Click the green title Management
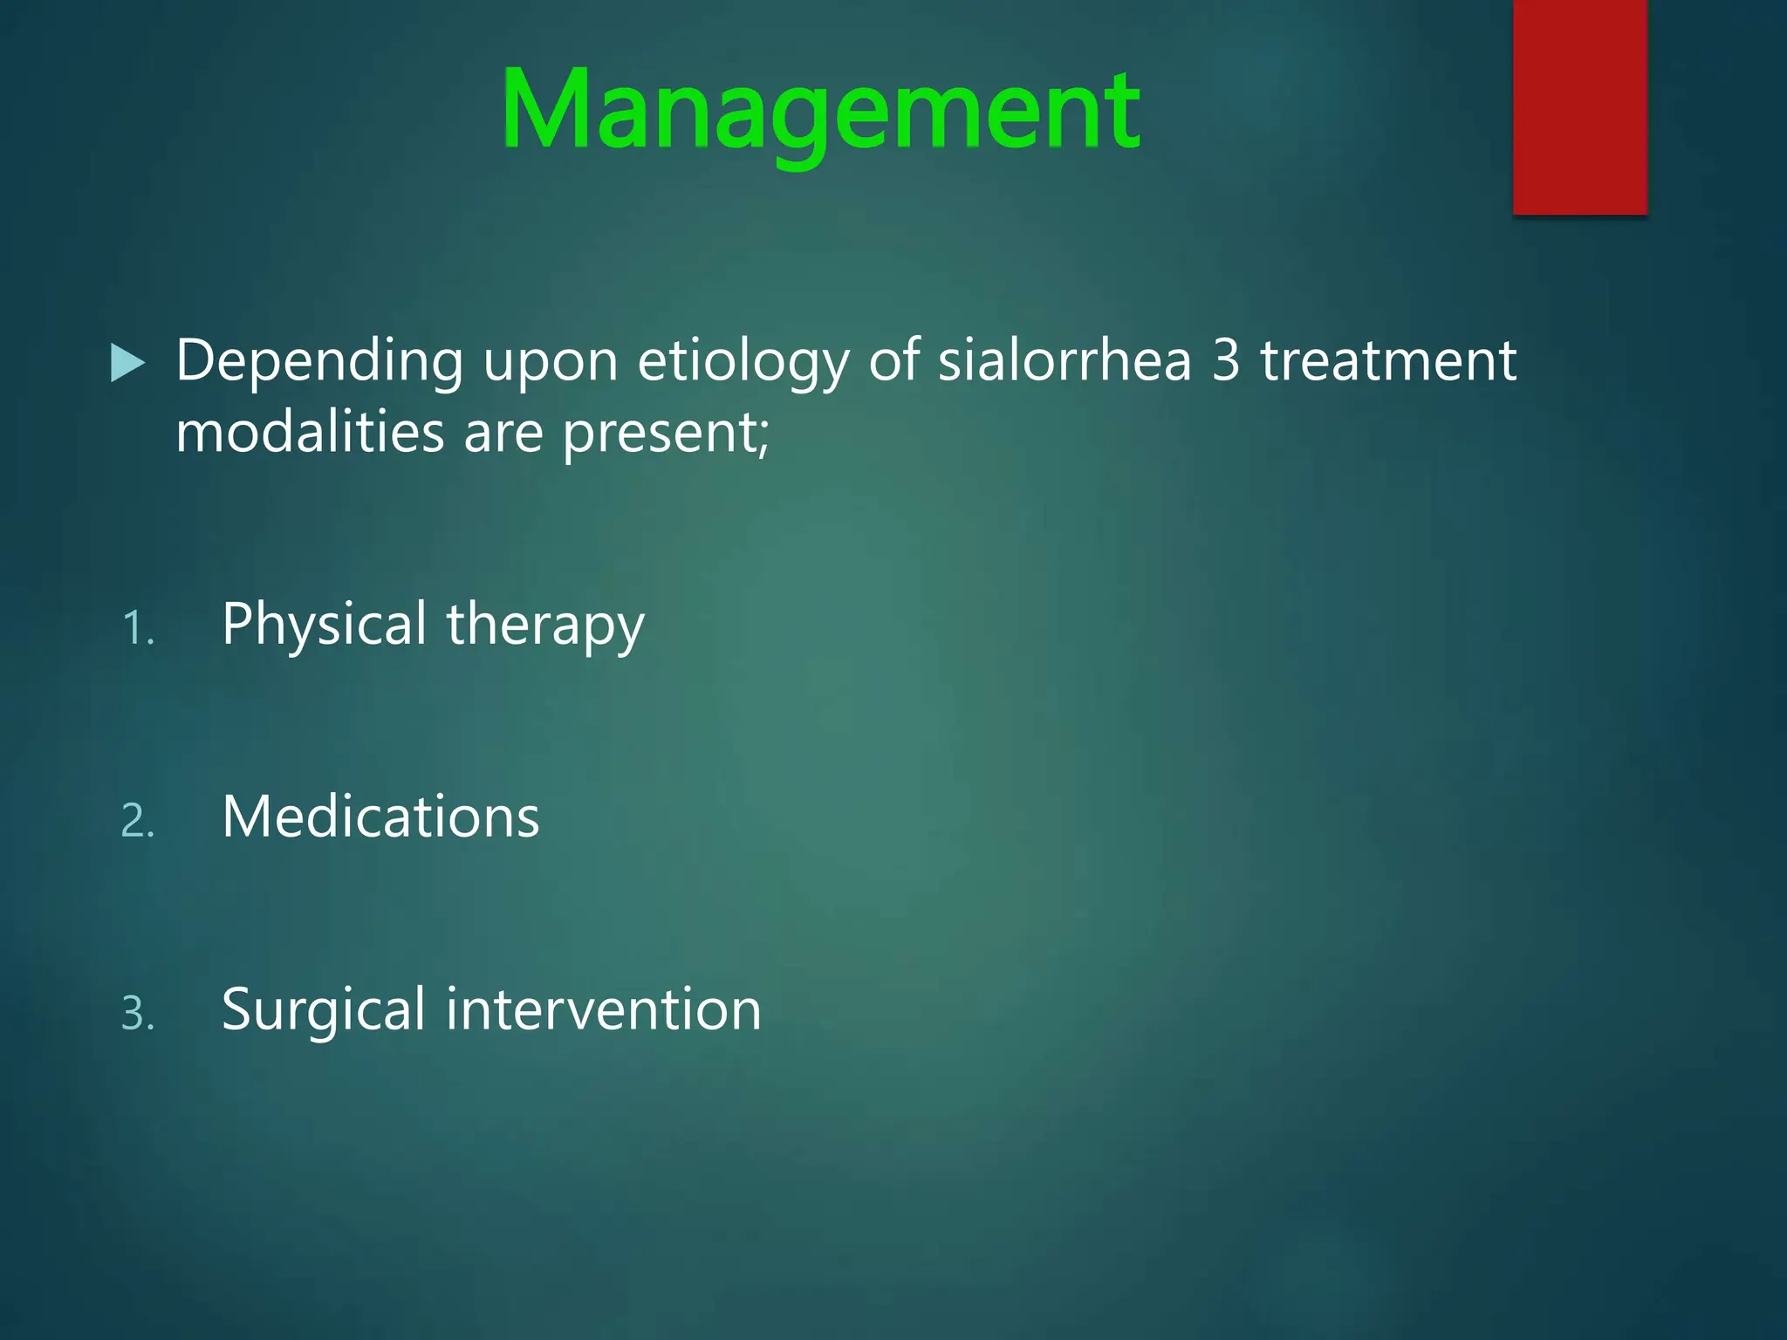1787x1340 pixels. coord(820,112)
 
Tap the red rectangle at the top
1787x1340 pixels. coord(1579,106)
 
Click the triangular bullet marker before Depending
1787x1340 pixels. coord(127,363)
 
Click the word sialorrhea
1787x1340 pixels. coord(1064,361)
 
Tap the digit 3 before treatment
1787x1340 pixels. coord(1226,361)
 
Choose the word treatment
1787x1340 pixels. coord(1387,361)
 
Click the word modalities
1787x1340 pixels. coord(310,433)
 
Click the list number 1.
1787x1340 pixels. coord(137,629)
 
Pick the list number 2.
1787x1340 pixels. coord(137,822)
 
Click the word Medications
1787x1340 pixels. coord(380,817)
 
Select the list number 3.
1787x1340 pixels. coord(137,1015)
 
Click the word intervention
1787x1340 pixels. coord(604,1010)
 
